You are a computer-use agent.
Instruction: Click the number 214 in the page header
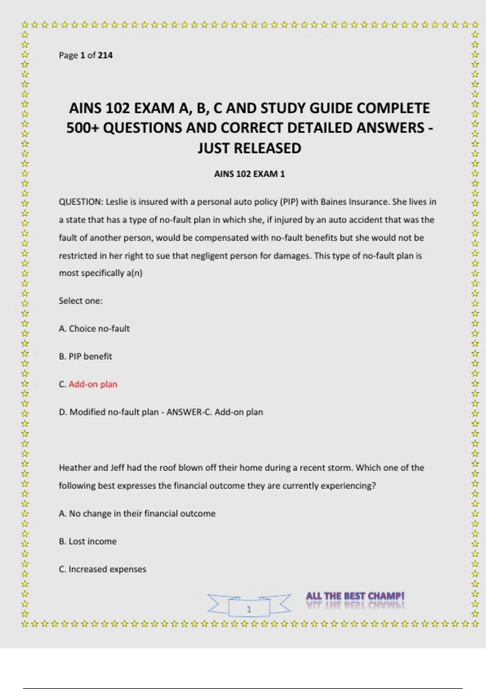pyautogui.click(x=105, y=55)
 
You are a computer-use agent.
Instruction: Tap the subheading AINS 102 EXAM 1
pyautogui.click(x=249, y=174)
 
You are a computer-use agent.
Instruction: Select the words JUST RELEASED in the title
pyautogui.click(x=249, y=148)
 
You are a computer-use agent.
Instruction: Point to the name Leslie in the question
pyautogui.click(x=117, y=202)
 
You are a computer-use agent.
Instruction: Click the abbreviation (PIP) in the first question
pyautogui.click(x=286, y=202)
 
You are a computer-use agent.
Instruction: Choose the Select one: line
pyautogui.click(x=81, y=301)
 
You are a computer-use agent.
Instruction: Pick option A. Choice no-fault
pyautogui.click(x=94, y=328)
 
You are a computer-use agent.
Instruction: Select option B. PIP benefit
pyautogui.click(x=85, y=356)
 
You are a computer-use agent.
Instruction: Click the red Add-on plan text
pyautogui.click(x=93, y=384)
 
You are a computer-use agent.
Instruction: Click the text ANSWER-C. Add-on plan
pyautogui.click(x=215, y=412)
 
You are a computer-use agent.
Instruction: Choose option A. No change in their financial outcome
pyautogui.click(x=137, y=514)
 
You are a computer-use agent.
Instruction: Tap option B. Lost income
pyautogui.click(x=87, y=541)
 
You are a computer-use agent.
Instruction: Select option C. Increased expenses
pyautogui.click(x=102, y=569)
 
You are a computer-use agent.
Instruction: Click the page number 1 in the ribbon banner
pyautogui.click(x=249, y=609)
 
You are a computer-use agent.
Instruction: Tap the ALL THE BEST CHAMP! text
pyautogui.click(x=355, y=596)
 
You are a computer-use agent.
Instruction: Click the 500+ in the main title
pyautogui.click(x=83, y=128)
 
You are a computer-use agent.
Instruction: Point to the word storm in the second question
pyautogui.click(x=341, y=468)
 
